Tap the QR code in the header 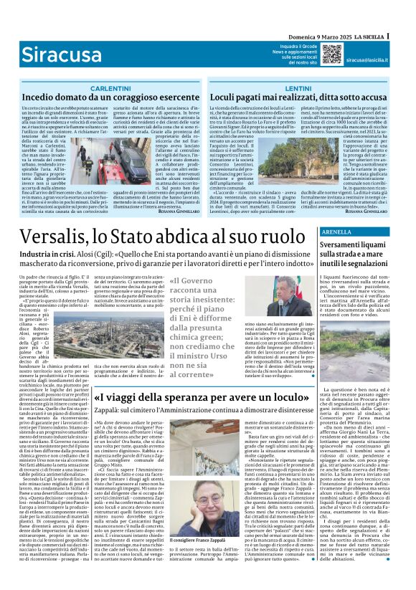pyautogui.click(x=331, y=53)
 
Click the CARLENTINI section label pyautogui.click(x=110, y=87)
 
